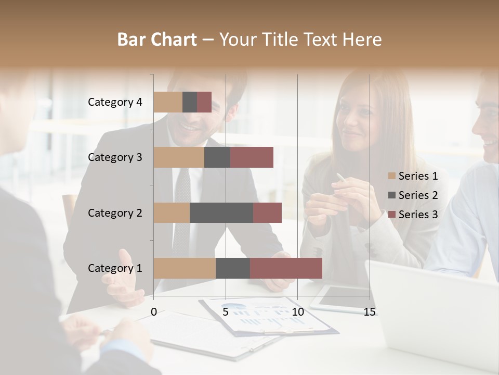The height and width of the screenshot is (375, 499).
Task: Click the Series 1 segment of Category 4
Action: (168, 102)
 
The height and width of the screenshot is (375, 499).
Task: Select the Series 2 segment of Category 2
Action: (221, 213)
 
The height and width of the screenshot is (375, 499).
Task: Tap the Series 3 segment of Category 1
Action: (286, 268)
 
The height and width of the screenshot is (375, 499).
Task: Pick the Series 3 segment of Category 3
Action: (252, 157)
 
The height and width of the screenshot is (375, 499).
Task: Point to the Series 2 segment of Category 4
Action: (190, 102)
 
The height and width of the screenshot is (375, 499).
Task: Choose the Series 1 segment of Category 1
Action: (185, 268)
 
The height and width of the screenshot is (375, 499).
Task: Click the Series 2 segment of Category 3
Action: (217, 157)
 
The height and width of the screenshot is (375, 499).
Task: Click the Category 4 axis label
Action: (115, 102)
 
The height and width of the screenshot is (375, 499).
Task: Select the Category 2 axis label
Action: (115, 213)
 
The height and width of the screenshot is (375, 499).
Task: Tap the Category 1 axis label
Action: (115, 268)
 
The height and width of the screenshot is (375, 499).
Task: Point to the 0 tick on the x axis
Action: (154, 312)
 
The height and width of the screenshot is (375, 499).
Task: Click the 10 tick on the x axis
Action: (297, 312)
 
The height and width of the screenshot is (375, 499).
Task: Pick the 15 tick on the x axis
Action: (370, 312)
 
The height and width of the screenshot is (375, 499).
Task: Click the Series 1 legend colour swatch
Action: (392, 176)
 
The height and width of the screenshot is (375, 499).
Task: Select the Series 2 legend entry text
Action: (418, 195)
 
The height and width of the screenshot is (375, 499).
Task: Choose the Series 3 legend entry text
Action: (418, 215)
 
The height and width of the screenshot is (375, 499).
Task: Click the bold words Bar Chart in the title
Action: (157, 40)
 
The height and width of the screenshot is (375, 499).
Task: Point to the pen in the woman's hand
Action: (340, 178)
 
